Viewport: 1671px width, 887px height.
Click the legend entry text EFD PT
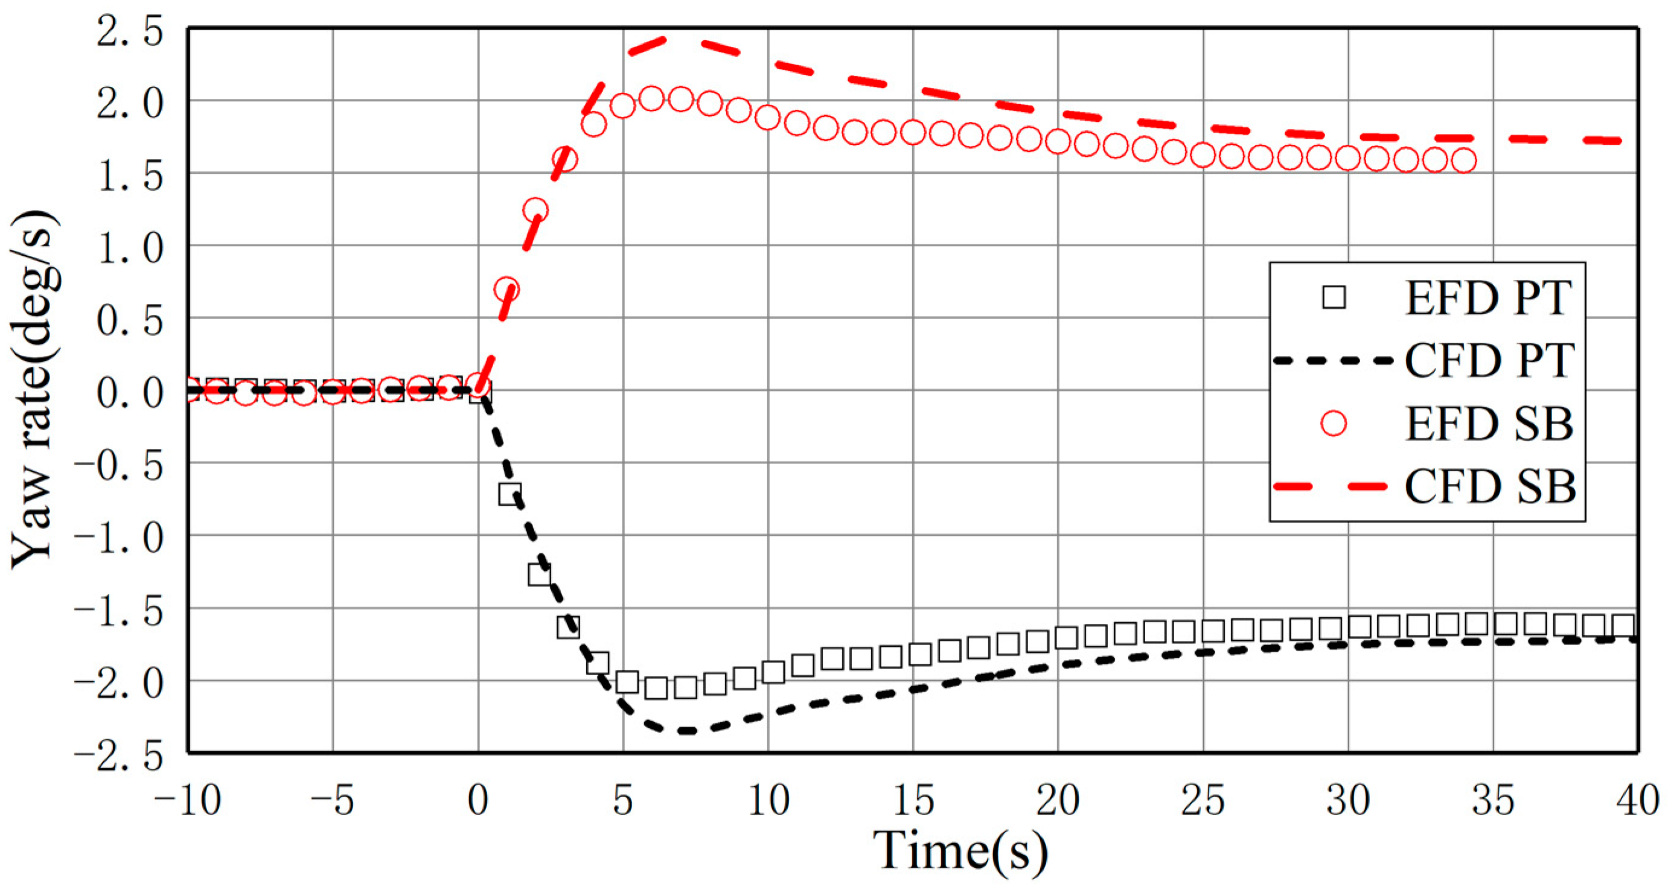[1488, 298]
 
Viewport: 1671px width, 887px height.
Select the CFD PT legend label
[1489, 360]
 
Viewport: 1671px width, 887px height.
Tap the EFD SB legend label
[1489, 424]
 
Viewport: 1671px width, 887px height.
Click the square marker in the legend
[1334, 297]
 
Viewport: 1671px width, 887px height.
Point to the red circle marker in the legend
[1334, 424]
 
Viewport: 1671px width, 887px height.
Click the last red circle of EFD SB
[1464, 160]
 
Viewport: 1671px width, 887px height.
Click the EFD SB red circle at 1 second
[506, 289]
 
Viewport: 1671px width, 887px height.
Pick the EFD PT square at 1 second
[510, 494]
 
